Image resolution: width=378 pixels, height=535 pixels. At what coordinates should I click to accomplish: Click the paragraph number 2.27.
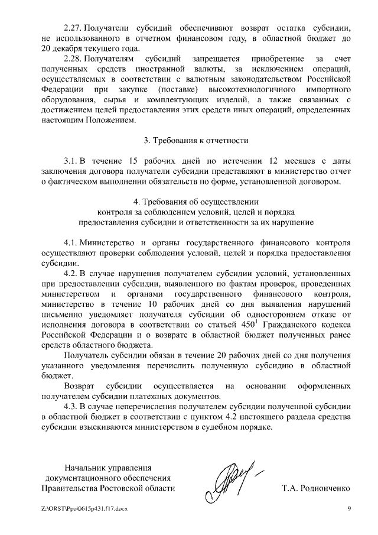click(73, 28)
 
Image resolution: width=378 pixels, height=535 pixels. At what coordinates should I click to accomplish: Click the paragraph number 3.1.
click(70, 161)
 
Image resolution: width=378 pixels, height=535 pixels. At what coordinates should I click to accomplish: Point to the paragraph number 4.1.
click(70, 243)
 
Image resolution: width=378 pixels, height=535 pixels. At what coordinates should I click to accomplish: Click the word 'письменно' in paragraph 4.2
click(61, 314)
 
